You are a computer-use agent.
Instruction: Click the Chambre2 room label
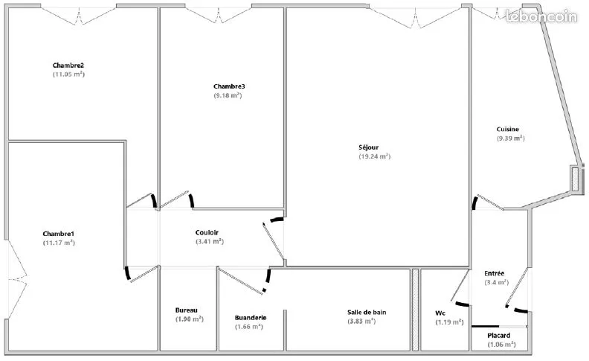click(x=68, y=66)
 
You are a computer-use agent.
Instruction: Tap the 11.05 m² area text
click(x=68, y=74)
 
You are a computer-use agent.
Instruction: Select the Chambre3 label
click(x=229, y=86)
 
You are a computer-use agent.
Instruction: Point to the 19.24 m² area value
click(x=375, y=156)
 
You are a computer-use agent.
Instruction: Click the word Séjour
click(x=369, y=147)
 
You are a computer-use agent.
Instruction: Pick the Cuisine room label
click(x=508, y=130)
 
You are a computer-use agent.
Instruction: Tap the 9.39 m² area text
click(x=511, y=138)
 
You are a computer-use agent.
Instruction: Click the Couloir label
click(x=207, y=233)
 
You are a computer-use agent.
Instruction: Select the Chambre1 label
click(x=59, y=234)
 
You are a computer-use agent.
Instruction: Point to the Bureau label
click(x=187, y=310)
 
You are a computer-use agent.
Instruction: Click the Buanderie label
click(x=251, y=318)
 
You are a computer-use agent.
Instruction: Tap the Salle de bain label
click(x=367, y=312)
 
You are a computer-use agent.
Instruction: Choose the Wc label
click(x=440, y=313)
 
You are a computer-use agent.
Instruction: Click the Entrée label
click(x=495, y=273)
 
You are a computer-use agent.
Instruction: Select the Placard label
click(x=499, y=336)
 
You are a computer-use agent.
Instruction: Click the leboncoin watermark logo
click(x=541, y=16)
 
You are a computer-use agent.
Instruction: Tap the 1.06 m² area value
click(x=502, y=345)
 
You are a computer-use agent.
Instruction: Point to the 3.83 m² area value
click(x=361, y=321)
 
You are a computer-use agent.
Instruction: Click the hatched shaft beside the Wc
click(x=415, y=310)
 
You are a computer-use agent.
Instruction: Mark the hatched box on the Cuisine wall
click(x=575, y=179)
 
